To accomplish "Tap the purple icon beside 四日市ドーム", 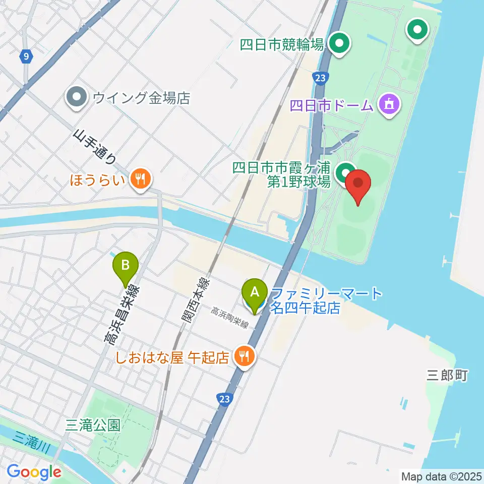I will (389, 105).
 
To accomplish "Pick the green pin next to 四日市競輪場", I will (340, 43).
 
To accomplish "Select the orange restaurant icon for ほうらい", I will (139, 178).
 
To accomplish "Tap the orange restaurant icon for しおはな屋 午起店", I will (245, 357).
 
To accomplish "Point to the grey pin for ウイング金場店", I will (77, 97).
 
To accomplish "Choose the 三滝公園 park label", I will (93, 425).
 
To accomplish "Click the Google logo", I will (34, 472).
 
